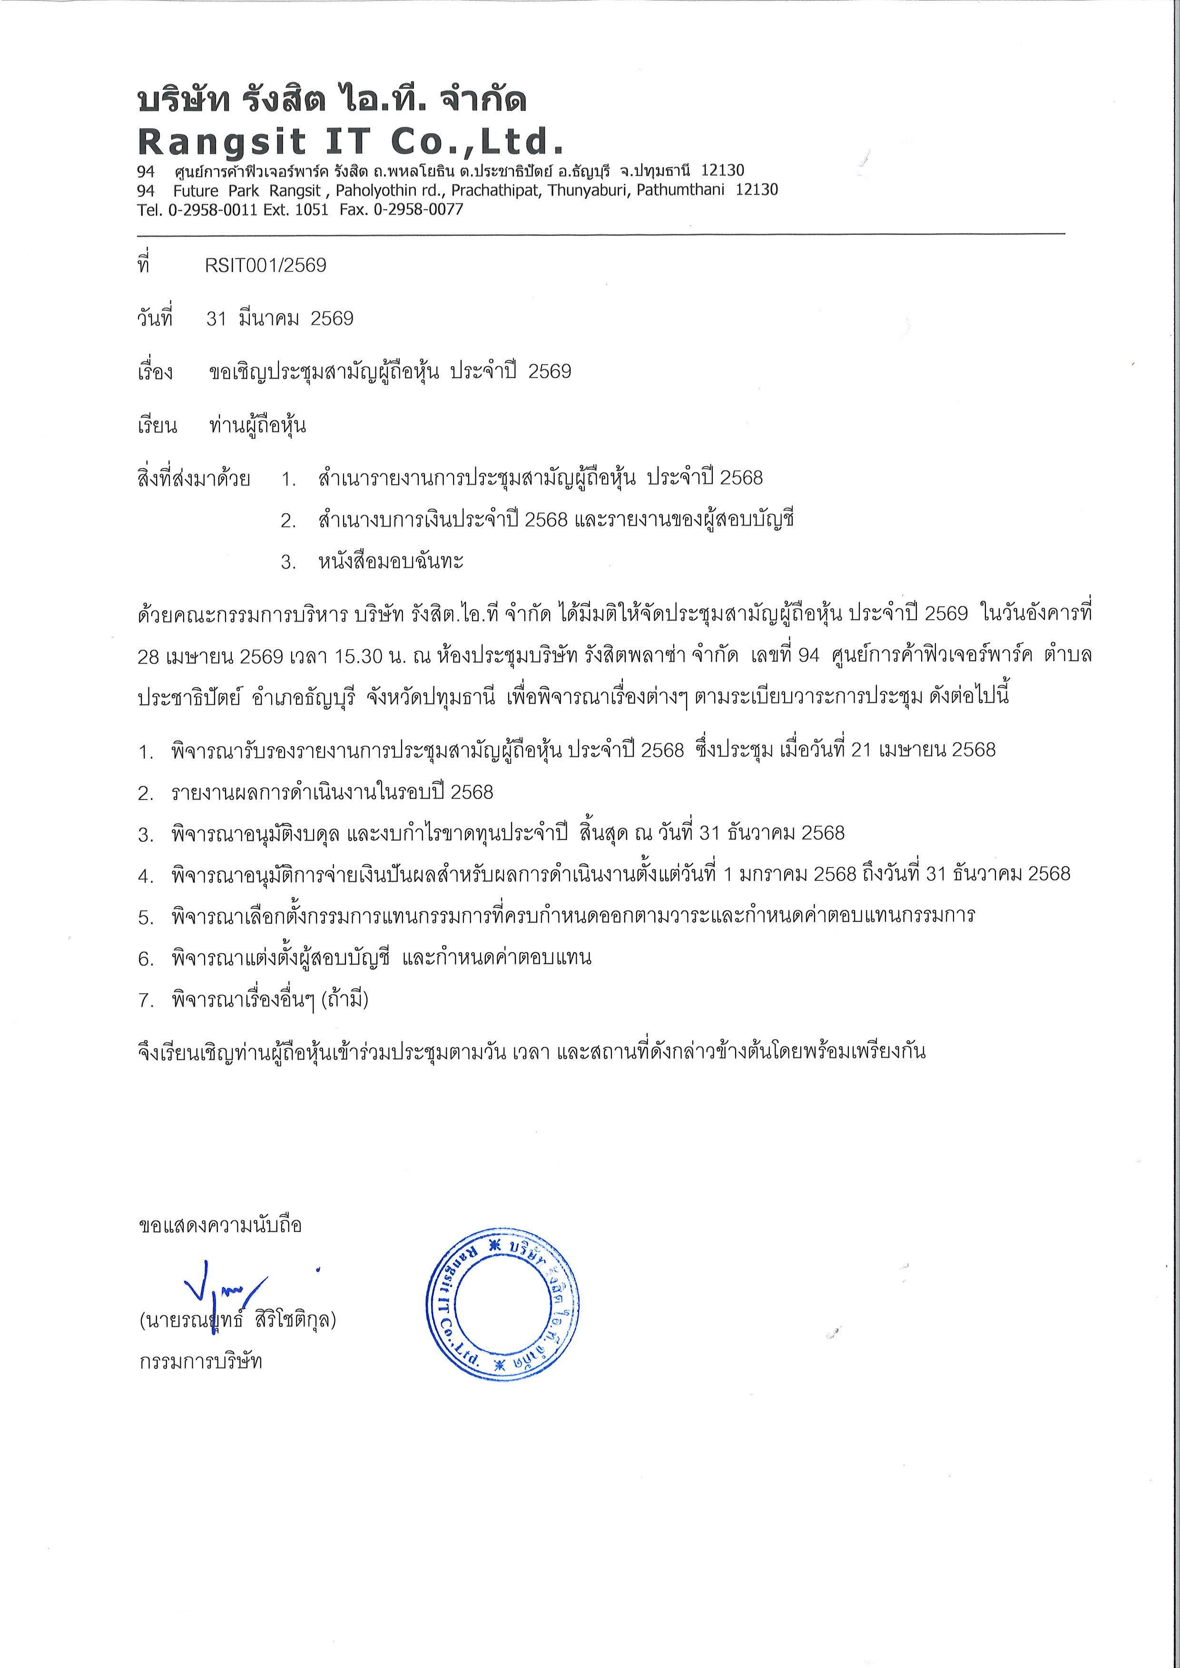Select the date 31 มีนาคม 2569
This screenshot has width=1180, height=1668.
[x=280, y=318]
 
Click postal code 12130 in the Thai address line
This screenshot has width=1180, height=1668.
[x=722, y=171]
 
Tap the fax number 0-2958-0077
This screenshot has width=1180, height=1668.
[x=419, y=210]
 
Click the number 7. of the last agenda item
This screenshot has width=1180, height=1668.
[x=146, y=1000]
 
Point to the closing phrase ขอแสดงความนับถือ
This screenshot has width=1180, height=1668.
[x=220, y=1226]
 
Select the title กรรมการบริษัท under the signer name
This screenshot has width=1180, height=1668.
[x=200, y=1361]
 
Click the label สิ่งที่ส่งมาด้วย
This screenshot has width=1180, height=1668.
[x=194, y=479]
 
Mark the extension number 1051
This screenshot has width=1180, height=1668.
[x=312, y=210]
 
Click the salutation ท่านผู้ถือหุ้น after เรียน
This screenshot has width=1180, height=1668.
[x=257, y=425]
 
